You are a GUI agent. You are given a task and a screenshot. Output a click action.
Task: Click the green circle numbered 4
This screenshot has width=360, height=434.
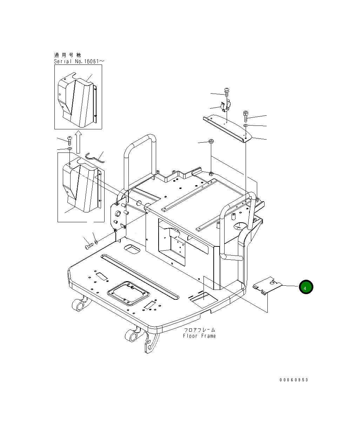point(306,287)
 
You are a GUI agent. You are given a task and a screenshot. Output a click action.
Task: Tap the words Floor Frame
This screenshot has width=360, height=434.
point(199,336)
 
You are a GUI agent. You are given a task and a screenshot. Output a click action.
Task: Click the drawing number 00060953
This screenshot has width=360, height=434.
point(294,380)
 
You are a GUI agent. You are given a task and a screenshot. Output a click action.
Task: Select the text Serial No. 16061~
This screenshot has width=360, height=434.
point(79,61)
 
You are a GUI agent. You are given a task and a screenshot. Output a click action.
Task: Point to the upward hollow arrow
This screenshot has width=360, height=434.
point(78,142)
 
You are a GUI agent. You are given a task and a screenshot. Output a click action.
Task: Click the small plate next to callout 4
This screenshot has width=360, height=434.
point(267,285)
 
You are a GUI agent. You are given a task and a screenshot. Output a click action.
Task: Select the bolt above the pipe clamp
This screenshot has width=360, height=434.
point(227,92)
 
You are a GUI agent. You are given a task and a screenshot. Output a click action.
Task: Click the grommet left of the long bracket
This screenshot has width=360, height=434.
point(211,141)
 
